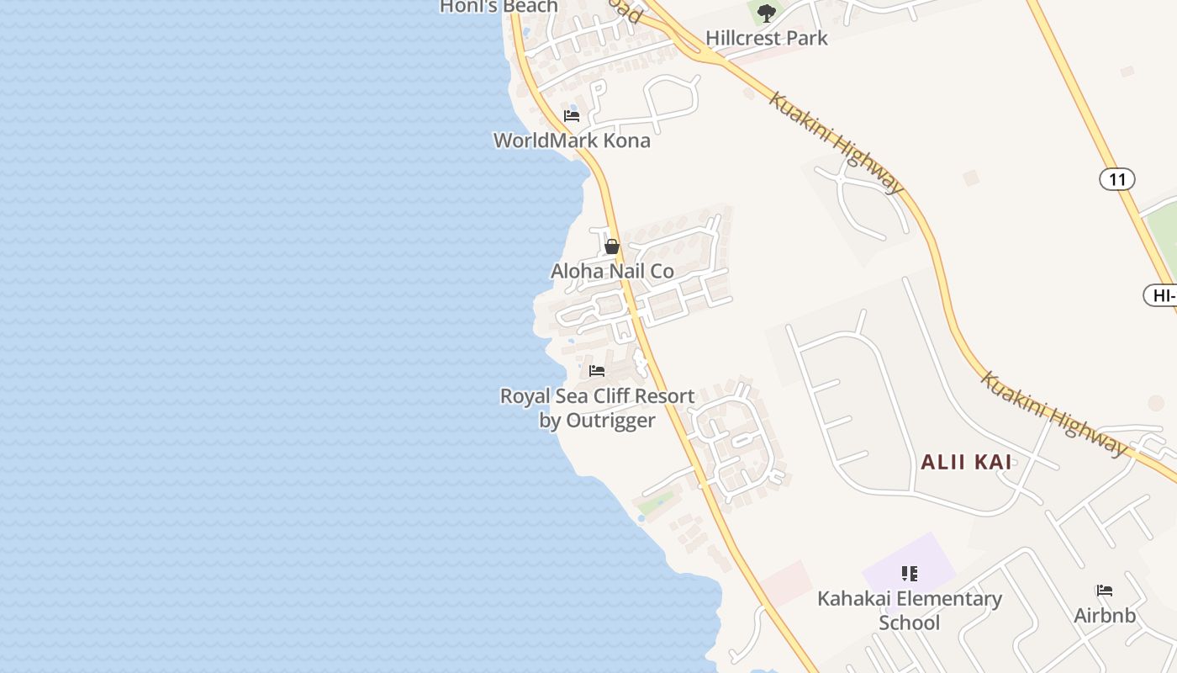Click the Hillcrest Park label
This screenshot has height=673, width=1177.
click(766, 38)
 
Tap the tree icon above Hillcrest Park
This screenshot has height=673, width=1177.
click(766, 13)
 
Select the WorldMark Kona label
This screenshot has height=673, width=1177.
click(572, 140)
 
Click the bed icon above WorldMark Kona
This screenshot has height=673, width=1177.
click(572, 115)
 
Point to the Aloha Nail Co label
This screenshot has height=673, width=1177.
click(612, 272)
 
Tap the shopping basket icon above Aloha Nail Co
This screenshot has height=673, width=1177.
click(612, 246)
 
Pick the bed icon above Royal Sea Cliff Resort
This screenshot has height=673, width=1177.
click(597, 370)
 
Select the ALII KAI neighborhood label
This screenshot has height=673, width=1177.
click(966, 462)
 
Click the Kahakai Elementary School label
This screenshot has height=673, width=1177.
click(910, 611)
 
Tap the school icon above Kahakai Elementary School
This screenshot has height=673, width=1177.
click(909, 574)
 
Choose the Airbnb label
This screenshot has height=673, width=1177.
click(1105, 616)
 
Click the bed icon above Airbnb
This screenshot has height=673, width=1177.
click(1105, 591)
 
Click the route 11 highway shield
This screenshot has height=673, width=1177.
click(1116, 179)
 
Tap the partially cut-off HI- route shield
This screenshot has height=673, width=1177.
click(1162, 295)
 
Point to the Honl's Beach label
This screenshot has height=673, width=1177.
click(499, 7)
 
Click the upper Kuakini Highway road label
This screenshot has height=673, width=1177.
click(836, 142)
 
